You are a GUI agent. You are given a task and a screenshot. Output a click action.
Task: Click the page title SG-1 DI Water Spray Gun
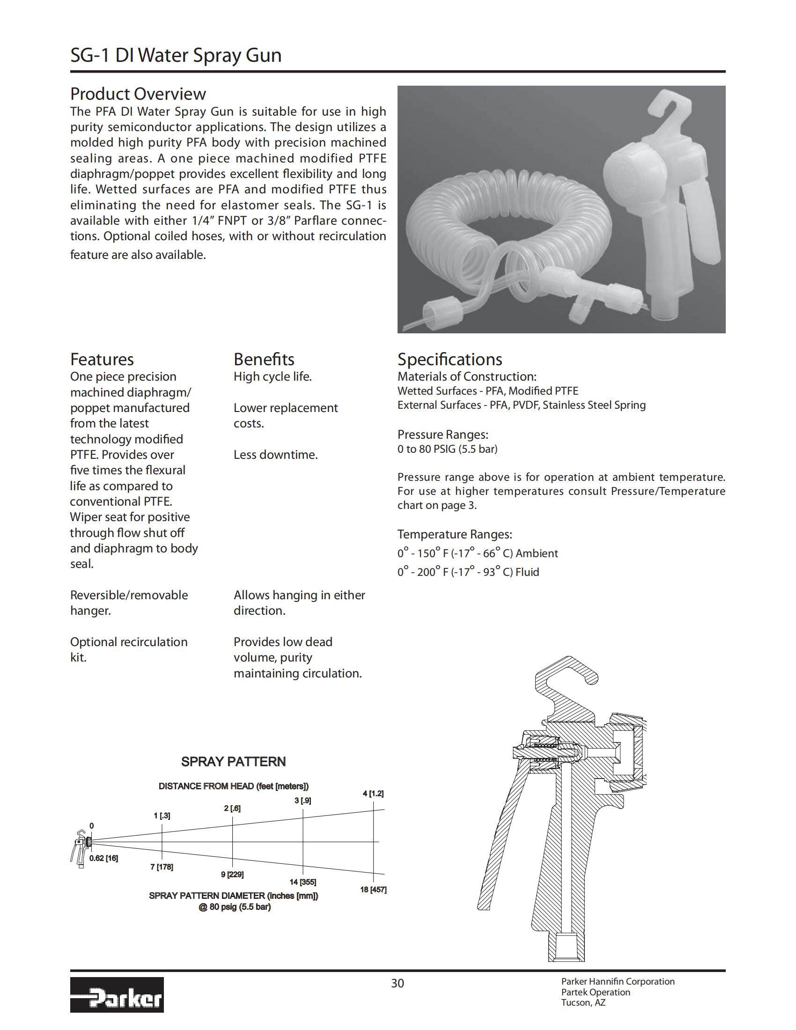tap(176, 56)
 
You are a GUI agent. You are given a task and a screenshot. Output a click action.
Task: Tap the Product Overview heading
tap(138, 94)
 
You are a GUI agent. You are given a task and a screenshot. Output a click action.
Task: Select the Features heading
tap(102, 360)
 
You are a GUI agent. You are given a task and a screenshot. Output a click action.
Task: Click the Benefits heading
tap(264, 360)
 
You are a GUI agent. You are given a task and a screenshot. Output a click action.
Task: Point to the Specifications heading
tap(450, 360)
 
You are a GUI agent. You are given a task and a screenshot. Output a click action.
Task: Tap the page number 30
tap(398, 983)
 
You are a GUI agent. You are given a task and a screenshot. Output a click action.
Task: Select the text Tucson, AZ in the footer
tap(583, 1003)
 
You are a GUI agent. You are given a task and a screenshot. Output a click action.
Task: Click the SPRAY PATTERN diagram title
tap(234, 762)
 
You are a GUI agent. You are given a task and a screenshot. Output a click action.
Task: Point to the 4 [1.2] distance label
tap(373, 794)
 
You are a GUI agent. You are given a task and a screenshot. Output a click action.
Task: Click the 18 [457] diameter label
tap(373, 890)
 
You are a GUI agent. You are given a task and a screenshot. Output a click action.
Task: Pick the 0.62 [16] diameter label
tap(103, 858)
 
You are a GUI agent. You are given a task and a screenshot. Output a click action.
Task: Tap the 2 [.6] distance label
tap(232, 809)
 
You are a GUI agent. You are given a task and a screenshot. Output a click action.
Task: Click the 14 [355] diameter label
tap(303, 882)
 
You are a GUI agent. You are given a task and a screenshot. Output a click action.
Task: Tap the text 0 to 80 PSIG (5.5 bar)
tap(447, 449)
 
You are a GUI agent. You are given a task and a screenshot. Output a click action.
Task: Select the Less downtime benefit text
tap(275, 455)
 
